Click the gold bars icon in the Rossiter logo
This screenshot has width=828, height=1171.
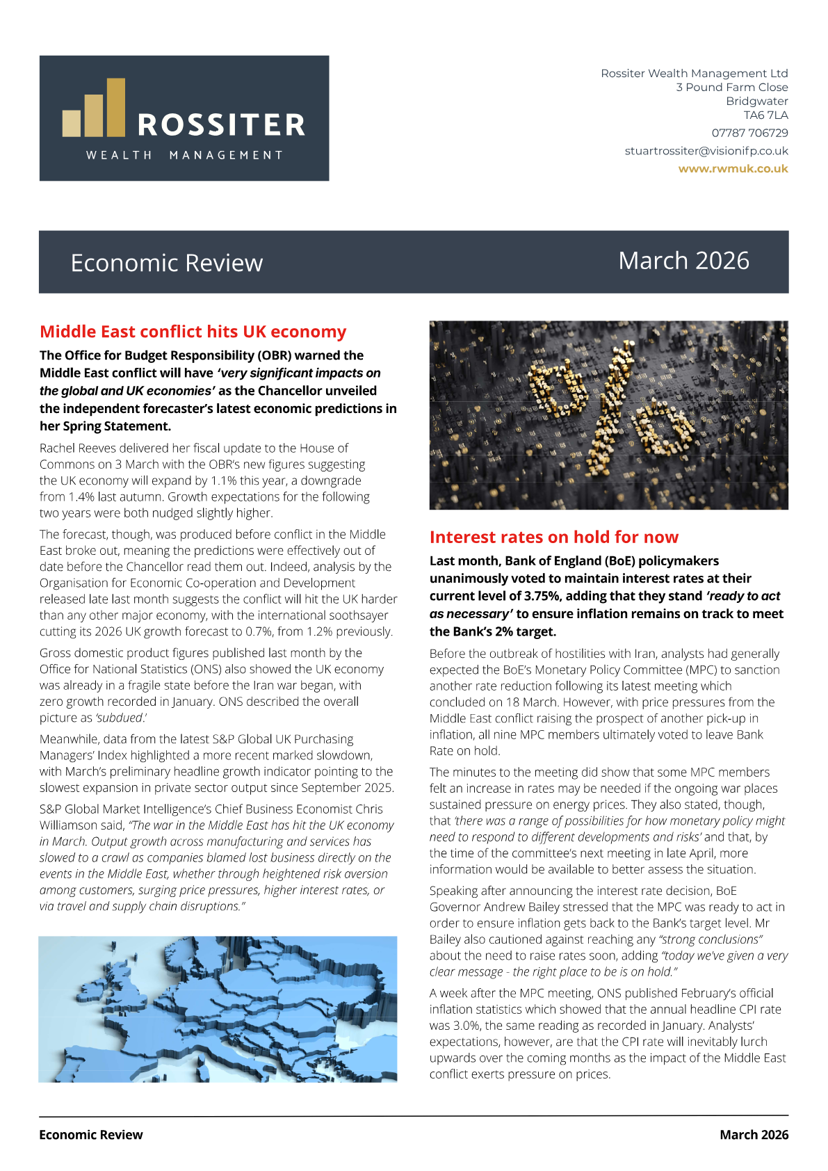pos(94,109)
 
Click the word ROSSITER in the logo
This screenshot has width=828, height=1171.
pos(221,126)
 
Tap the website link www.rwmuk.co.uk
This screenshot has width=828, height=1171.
pos(733,169)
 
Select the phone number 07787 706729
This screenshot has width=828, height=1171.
pos(749,133)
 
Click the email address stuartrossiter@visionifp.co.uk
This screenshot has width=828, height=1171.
pos(706,151)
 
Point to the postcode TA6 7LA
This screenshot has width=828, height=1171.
pos(765,115)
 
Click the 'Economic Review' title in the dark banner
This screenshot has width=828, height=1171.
pos(167,263)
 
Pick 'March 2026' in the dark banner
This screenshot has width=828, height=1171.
pos(683,261)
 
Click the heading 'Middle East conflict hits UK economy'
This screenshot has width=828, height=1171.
pos(193,332)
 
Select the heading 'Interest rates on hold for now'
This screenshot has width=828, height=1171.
pos(553,537)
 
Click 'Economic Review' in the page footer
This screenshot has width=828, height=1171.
pos(91,1135)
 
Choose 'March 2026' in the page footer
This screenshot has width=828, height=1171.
pos(754,1135)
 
